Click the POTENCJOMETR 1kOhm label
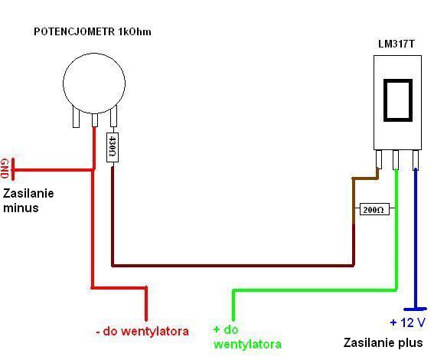point(93,31)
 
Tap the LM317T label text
point(396,44)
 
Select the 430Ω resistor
point(113,147)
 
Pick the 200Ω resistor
point(374,209)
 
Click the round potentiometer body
point(94,83)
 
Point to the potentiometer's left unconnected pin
point(76,118)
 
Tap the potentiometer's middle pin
point(95,120)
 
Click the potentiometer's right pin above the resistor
point(113,116)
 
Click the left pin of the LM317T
point(379,159)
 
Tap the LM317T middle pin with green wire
point(396,160)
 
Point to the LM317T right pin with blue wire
point(416,160)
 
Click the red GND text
point(4,169)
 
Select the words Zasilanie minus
point(28,201)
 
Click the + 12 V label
point(408,322)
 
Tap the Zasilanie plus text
point(383,343)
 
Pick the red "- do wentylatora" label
point(142,331)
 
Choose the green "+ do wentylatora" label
point(247,337)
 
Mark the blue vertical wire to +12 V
point(416,238)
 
